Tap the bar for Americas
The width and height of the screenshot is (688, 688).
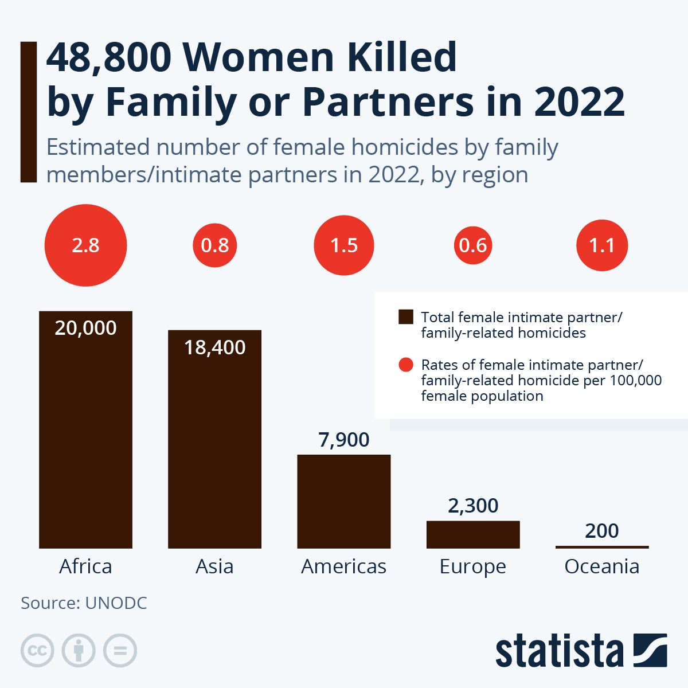[343, 502]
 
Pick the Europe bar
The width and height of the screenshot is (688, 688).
[473, 534]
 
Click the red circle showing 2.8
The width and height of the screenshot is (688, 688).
[85, 245]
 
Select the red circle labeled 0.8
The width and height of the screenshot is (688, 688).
[215, 245]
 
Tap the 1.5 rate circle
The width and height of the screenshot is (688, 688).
[344, 245]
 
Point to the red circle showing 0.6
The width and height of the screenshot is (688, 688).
[473, 245]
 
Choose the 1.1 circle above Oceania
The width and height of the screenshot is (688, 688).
[602, 245]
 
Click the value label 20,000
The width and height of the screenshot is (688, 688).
[85, 328]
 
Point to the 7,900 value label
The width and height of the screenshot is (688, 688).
[343, 440]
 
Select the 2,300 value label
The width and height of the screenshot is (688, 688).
[473, 506]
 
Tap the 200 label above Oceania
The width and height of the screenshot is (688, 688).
[602, 531]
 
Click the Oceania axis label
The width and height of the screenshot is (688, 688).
[602, 566]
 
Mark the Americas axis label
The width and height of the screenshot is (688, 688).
[343, 566]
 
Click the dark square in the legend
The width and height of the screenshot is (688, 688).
[406, 317]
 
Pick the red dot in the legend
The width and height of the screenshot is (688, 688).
[406, 365]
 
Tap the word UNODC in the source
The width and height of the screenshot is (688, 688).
[116, 603]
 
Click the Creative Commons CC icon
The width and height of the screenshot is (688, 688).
[37, 651]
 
